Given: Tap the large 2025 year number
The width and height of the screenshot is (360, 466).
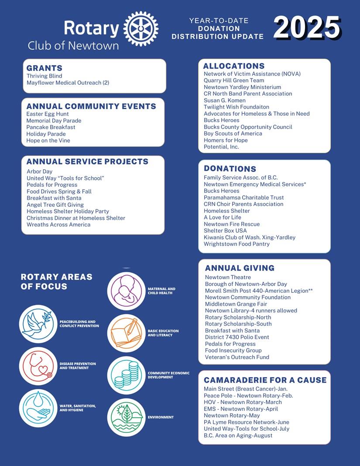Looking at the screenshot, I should click(x=307, y=27).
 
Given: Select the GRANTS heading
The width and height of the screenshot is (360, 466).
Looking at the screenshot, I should click(x=44, y=68).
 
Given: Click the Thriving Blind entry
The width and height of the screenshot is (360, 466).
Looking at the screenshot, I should click(x=44, y=76).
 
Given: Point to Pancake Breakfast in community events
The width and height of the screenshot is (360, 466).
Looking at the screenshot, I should click(x=51, y=127).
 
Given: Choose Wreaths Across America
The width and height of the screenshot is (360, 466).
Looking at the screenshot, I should click(x=58, y=225).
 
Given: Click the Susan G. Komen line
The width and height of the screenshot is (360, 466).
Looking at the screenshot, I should click(x=225, y=100).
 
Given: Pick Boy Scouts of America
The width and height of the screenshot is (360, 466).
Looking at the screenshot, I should click(x=233, y=134).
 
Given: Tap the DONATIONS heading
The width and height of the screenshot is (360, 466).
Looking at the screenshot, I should click(x=230, y=169).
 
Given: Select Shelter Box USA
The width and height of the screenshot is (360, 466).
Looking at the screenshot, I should click(x=225, y=231).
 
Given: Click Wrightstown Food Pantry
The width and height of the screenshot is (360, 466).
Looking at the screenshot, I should click(x=237, y=244).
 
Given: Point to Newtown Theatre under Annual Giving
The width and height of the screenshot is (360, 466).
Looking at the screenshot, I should click(x=228, y=278).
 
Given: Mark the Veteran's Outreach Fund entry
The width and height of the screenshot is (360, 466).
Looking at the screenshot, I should click(x=237, y=357).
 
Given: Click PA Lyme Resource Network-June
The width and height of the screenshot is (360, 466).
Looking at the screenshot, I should click(x=247, y=422).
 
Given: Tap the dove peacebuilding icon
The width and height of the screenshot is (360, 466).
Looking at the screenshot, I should click(x=38, y=324).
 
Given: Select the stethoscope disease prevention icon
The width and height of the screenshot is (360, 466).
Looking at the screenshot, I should click(x=38, y=366).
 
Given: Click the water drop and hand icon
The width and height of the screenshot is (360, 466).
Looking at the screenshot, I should click(x=38, y=408).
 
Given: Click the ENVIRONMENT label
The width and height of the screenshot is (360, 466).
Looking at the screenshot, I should click(x=161, y=418).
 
